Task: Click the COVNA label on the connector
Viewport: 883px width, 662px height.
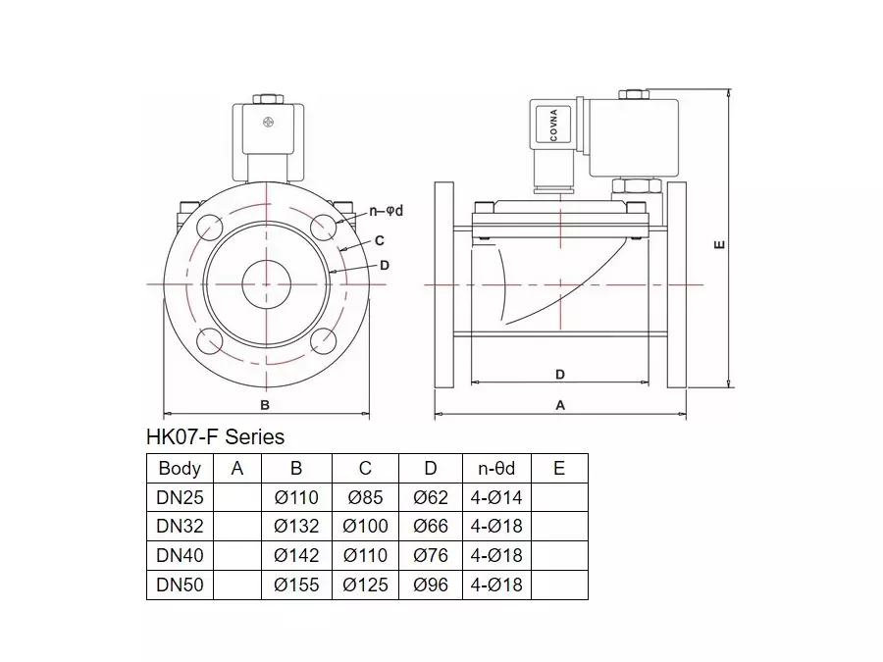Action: [553, 126]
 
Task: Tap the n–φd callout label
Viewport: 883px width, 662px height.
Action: [387, 211]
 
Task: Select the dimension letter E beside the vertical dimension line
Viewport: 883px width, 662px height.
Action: [719, 244]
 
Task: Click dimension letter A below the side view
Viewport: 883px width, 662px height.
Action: [560, 405]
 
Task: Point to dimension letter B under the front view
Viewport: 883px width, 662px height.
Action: [265, 405]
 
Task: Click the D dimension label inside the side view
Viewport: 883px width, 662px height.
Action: [560, 375]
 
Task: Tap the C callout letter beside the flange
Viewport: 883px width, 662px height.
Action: [380, 240]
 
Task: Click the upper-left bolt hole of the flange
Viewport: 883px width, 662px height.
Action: [210, 227]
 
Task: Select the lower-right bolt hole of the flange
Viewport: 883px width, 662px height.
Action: [323, 341]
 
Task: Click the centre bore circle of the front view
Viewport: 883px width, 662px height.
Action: [266, 284]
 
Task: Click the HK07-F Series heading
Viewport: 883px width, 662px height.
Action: [215, 436]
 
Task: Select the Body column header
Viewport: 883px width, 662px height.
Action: [180, 469]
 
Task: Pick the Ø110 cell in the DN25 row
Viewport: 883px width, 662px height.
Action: [296, 497]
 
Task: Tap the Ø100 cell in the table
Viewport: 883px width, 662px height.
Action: [366, 527]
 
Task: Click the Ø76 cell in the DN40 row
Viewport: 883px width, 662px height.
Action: [431, 556]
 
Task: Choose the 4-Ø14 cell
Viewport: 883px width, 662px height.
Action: [496, 497]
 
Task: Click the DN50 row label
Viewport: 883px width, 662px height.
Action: [180, 585]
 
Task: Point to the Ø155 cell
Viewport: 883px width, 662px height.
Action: [296, 585]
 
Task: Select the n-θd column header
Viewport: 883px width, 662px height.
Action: [496, 469]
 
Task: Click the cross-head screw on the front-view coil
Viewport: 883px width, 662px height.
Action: [268, 122]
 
